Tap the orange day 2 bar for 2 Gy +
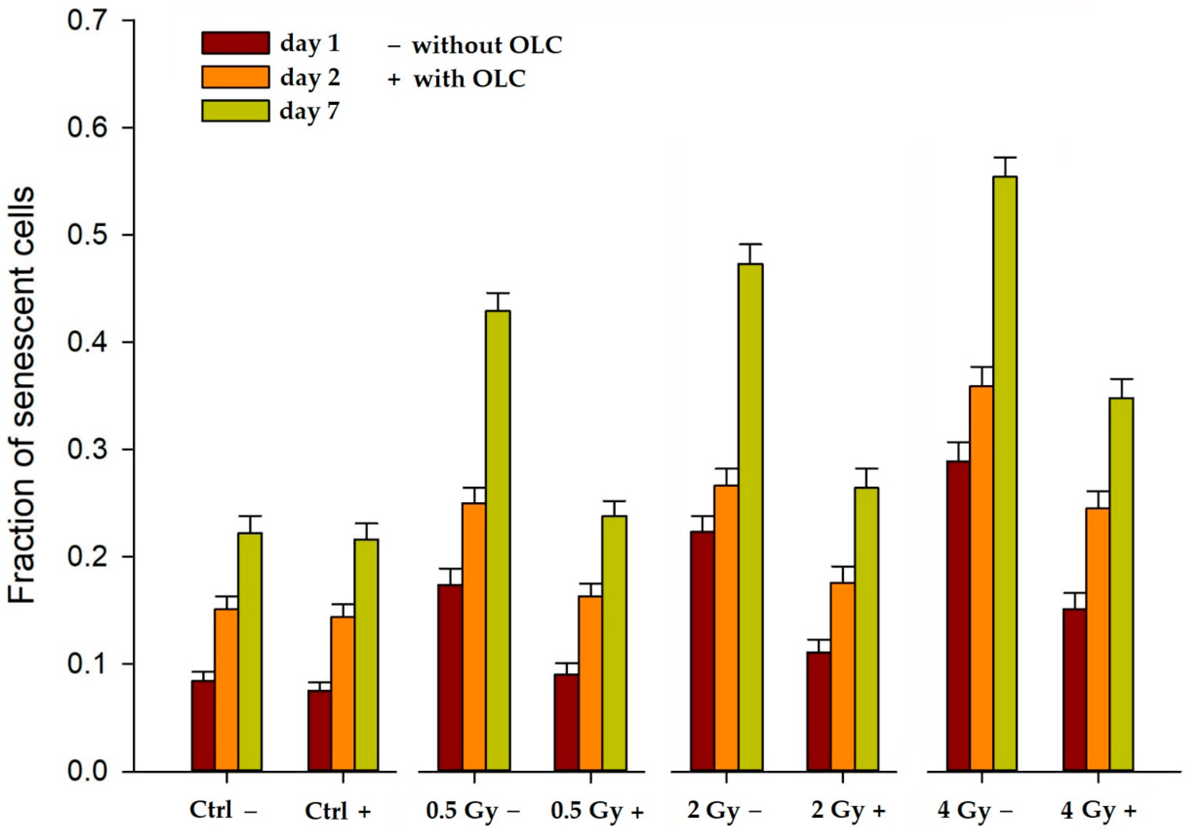(x=842, y=677)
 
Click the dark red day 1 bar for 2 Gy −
(x=703, y=651)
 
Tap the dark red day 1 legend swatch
(x=235, y=43)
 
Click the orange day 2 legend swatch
(x=235, y=77)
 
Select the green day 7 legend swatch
(x=235, y=111)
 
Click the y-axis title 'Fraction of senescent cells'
(x=22, y=395)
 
